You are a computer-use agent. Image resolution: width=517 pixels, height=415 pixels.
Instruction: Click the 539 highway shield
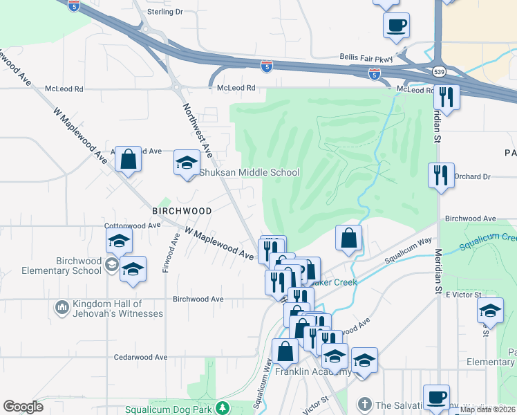439,71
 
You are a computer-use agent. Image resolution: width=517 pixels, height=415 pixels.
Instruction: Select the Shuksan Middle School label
250,173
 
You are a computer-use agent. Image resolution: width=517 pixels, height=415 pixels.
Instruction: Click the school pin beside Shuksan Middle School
186,163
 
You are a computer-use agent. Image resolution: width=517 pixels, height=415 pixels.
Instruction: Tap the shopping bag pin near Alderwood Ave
129,160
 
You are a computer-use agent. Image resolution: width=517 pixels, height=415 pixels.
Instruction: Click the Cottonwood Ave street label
132,225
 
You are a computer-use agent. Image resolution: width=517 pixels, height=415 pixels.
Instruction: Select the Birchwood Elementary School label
52,266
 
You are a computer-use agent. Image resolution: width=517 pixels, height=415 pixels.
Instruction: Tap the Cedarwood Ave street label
141,358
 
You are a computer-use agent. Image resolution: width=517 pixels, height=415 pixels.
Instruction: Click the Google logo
23,407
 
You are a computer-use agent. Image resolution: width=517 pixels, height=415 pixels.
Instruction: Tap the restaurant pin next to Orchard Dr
441,175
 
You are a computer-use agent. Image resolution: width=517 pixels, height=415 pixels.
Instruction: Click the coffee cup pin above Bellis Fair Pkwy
397,26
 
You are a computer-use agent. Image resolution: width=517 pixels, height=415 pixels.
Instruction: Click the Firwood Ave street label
167,253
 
